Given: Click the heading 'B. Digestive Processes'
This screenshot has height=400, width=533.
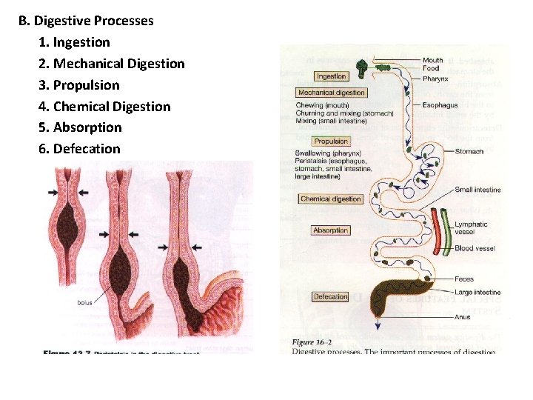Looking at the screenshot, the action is pyautogui.click(x=86, y=21).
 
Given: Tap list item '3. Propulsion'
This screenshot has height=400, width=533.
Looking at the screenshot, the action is pyautogui.click(x=78, y=84).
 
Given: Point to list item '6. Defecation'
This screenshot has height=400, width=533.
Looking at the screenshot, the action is pyautogui.click(x=78, y=148).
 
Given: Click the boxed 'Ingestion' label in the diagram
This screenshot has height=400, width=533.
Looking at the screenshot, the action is pyautogui.click(x=331, y=76).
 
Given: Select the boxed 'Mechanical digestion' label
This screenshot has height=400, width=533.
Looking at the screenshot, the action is pyautogui.click(x=331, y=93).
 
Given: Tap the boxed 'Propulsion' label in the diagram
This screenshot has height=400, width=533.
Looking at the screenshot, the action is pyautogui.click(x=331, y=141).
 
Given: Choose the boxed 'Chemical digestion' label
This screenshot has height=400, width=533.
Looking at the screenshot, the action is pyautogui.click(x=331, y=199).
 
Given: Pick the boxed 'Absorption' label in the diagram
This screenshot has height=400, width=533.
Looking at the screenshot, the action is pyautogui.click(x=330, y=230).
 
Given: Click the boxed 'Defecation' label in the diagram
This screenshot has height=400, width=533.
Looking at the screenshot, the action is pyautogui.click(x=330, y=297).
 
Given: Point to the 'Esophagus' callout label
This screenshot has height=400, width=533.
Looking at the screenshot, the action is pyautogui.click(x=440, y=105).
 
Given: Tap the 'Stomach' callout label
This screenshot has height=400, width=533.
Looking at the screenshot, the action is pyautogui.click(x=469, y=151).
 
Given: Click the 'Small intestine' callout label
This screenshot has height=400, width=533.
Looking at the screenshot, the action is pyautogui.click(x=477, y=190).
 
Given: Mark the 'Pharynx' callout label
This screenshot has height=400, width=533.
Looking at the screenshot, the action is pyautogui.click(x=435, y=79).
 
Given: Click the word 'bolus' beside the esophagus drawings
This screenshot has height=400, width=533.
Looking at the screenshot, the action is pyautogui.click(x=84, y=302).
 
